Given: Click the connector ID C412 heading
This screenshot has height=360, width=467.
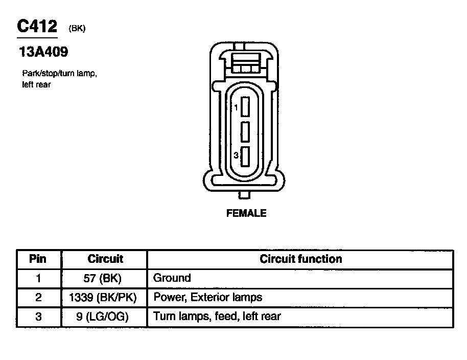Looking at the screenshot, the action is click(x=37, y=26).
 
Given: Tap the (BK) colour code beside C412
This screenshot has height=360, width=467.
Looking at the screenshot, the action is click(x=77, y=28).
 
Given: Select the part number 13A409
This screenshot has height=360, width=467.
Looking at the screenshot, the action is click(x=43, y=52).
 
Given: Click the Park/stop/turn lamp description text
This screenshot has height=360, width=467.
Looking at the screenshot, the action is click(x=60, y=79).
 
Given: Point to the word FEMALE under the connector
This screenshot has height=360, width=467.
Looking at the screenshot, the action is click(x=246, y=213).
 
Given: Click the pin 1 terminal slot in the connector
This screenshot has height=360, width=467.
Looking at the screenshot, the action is click(x=245, y=107).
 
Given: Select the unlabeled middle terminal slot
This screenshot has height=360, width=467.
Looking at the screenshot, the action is click(x=245, y=131).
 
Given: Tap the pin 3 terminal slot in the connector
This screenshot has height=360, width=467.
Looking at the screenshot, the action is click(x=245, y=156).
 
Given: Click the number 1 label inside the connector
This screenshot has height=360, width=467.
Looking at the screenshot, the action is click(x=236, y=107).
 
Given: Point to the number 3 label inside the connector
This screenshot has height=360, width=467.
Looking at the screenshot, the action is click(x=236, y=155).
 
